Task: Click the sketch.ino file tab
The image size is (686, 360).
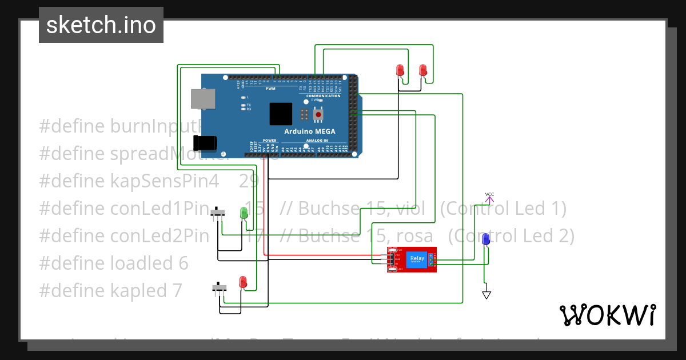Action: click(x=101, y=25)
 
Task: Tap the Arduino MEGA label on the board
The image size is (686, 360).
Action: click(x=310, y=131)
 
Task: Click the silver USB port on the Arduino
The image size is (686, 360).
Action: click(x=203, y=99)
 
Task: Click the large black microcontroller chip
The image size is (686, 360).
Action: click(x=281, y=114)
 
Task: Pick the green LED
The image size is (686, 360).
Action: click(x=244, y=213)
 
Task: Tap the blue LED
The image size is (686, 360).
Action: click(x=486, y=239)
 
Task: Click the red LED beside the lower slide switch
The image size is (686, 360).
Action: click(x=243, y=282)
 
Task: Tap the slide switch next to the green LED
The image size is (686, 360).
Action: click(x=217, y=213)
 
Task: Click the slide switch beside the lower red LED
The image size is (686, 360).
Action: click(x=218, y=287)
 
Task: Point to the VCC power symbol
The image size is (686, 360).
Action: click(x=489, y=197)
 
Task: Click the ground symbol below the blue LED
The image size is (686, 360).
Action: click(x=486, y=295)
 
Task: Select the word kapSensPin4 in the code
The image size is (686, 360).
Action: click(x=165, y=181)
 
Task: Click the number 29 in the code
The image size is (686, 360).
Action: click(x=249, y=181)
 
